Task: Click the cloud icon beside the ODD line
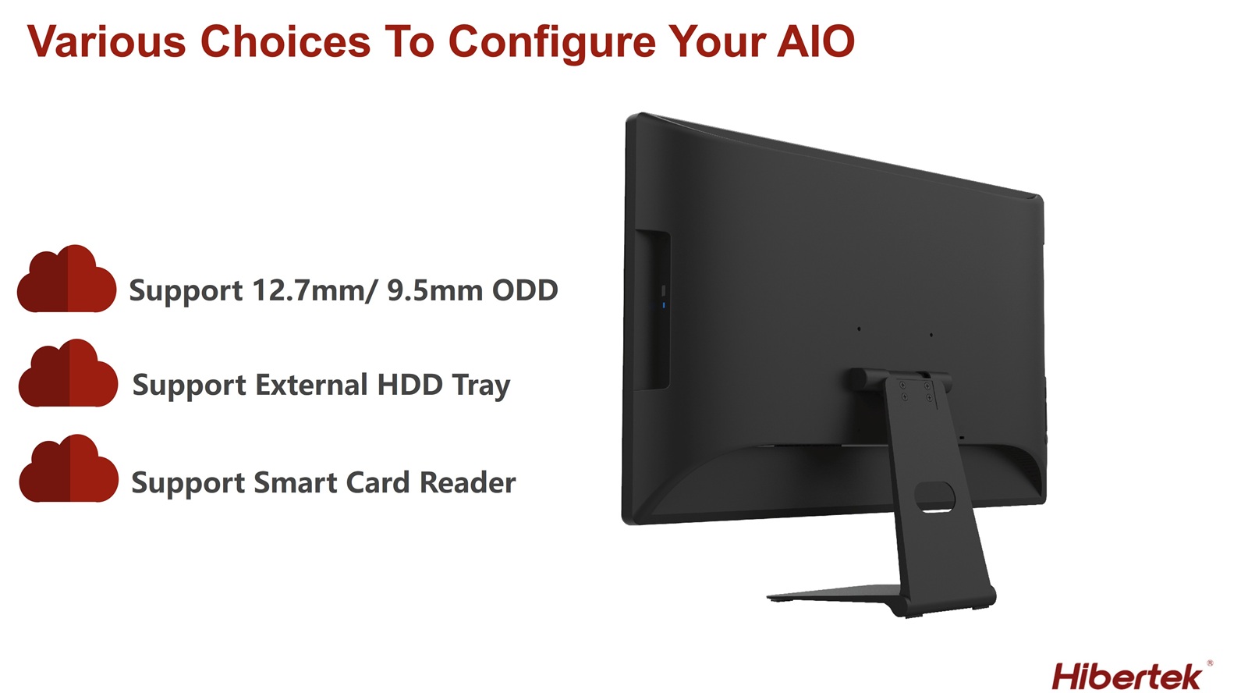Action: point(67,278)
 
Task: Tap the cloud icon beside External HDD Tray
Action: point(68,372)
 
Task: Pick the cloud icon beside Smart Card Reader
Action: point(69,468)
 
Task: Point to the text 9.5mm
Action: point(435,290)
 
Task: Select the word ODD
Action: point(525,290)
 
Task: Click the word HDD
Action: point(410,385)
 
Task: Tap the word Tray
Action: point(480,386)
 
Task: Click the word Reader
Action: point(467,482)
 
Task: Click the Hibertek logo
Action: point(1127,677)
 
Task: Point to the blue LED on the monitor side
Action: point(664,305)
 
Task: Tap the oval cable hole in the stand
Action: point(934,496)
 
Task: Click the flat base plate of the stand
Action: point(835,593)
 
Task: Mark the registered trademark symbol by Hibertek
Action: point(1210,663)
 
